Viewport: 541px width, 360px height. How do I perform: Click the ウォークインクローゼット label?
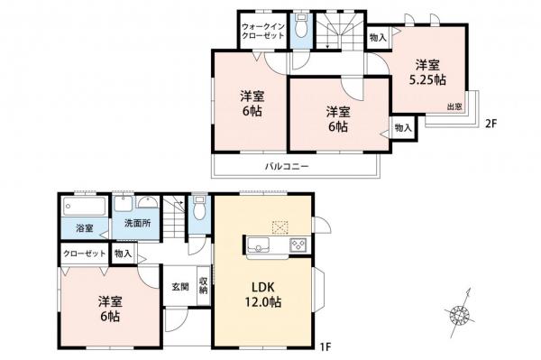pyautogui.click(x=263, y=31)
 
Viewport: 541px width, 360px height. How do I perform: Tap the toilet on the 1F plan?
pyautogui.click(x=198, y=208)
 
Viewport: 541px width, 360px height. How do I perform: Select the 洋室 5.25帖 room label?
pyautogui.click(x=427, y=72)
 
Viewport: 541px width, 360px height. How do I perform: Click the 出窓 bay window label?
pyautogui.click(x=454, y=107)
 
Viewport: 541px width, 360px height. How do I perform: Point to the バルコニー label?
pyautogui.click(x=287, y=167)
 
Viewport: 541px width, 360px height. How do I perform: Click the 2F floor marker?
pyautogui.click(x=491, y=124)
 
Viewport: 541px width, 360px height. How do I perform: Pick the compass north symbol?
pyautogui.click(x=460, y=313)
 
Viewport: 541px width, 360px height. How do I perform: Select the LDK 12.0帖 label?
pyautogui.click(x=263, y=294)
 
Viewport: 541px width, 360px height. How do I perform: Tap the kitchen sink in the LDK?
pyautogui.click(x=258, y=245)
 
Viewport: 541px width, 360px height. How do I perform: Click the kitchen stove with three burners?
pyautogui.click(x=298, y=245)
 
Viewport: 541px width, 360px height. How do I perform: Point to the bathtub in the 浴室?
pyautogui.click(x=85, y=207)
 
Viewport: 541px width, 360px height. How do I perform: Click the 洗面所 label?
pyautogui.click(x=137, y=223)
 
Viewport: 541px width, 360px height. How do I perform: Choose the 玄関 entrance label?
pyautogui.click(x=180, y=287)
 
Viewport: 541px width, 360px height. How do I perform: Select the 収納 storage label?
pyautogui.click(x=203, y=286)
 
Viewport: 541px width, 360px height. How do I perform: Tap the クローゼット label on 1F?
pyautogui.click(x=85, y=254)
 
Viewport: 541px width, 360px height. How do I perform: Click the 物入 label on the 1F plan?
pyautogui.click(x=124, y=254)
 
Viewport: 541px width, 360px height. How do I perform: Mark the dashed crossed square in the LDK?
pyautogui.click(x=280, y=227)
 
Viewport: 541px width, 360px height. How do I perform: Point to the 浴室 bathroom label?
pyautogui.click(x=85, y=227)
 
